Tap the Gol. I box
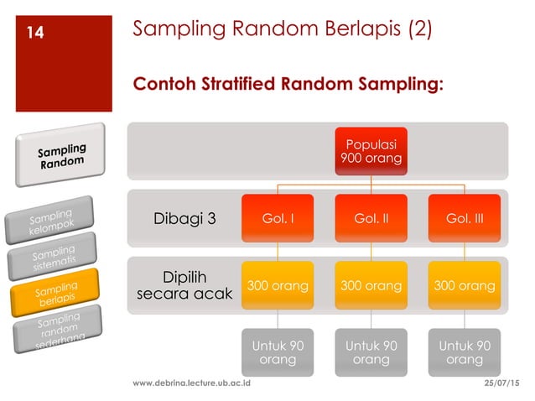277,219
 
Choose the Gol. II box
371,219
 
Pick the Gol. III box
465,219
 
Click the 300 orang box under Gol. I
277,286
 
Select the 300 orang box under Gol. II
371,286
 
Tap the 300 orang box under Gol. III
465,286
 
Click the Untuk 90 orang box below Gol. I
277,352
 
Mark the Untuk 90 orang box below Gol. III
465,352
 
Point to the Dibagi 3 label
185,219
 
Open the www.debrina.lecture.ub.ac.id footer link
192,383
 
